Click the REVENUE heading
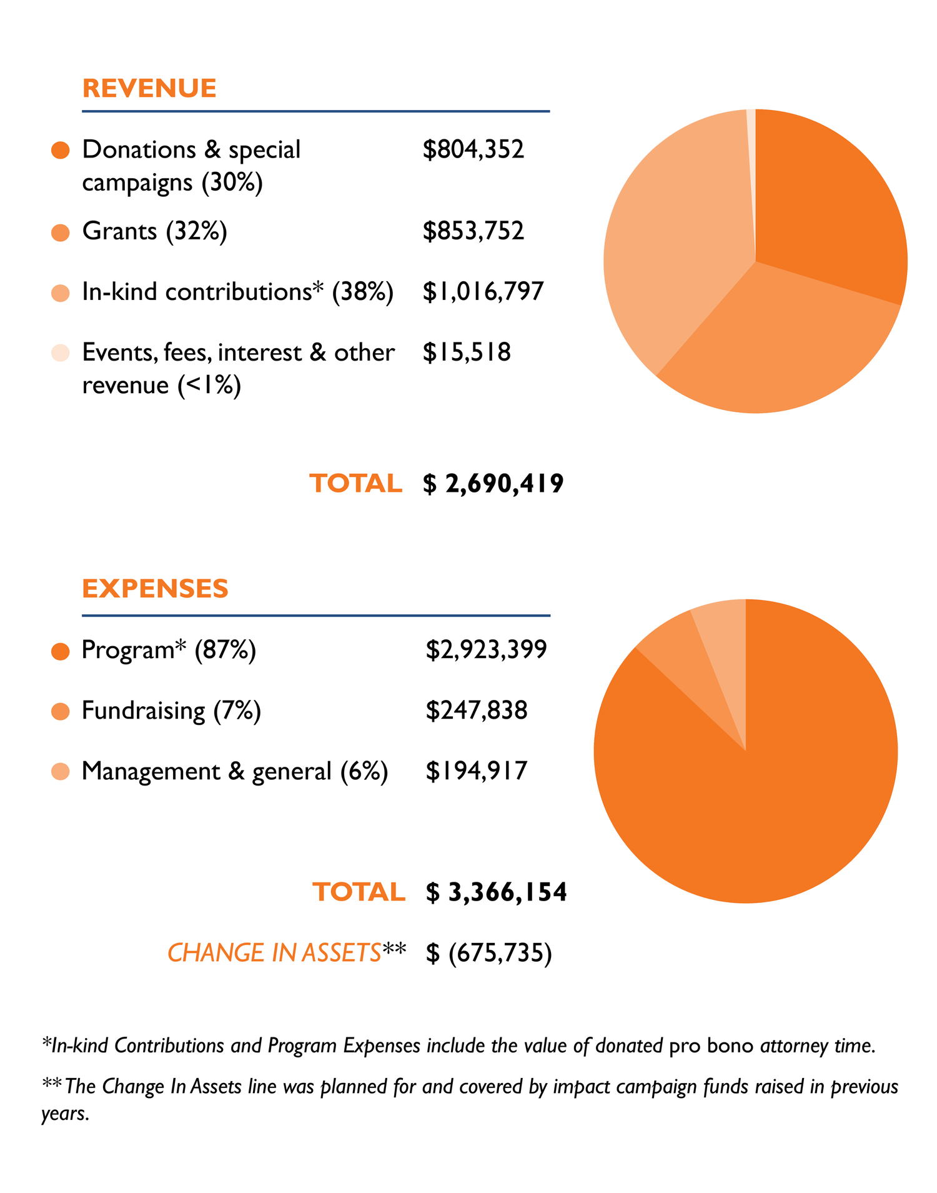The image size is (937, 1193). pyautogui.click(x=149, y=89)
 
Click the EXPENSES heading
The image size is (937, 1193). pyautogui.click(x=155, y=589)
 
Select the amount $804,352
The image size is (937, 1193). pyautogui.click(x=473, y=149)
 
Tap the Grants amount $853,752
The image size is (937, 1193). pyautogui.click(x=473, y=231)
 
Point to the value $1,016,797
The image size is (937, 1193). pyautogui.click(x=483, y=292)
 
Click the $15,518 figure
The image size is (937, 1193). pyautogui.click(x=467, y=352)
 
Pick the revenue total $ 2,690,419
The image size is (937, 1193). pyautogui.click(x=493, y=484)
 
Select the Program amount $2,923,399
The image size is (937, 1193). pyautogui.click(x=486, y=650)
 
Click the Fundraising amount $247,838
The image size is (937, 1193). pyautogui.click(x=477, y=711)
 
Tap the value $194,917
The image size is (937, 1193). pyautogui.click(x=477, y=771)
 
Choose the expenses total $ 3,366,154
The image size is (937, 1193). pyautogui.click(x=496, y=892)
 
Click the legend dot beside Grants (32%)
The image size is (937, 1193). pyautogui.click(x=61, y=232)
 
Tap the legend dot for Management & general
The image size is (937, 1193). pyautogui.click(x=61, y=772)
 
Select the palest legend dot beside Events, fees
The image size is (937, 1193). pyautogui.click(x=61, y=353)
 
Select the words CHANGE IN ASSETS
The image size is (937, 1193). pyautogui.click(x=274, y=953)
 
